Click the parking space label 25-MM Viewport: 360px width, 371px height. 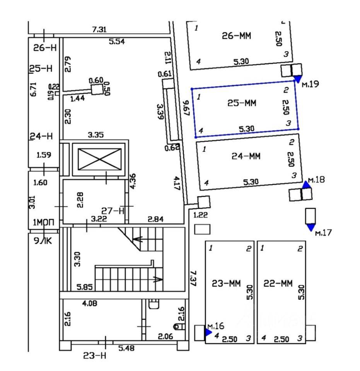coord(242,103)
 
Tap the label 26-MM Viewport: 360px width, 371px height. coord(236,36)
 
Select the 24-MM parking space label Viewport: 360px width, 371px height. coord(246,156)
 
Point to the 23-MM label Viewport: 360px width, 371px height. coord(227,283)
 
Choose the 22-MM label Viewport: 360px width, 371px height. coord(278,283)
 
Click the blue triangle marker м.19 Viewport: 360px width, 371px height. coord(297,79)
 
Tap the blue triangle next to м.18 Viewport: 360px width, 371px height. coord(306,184)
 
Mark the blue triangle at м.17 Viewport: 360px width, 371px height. coord(311,228)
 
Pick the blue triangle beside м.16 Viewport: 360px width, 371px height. coord(208,332)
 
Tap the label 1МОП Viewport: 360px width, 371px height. coord(43,222)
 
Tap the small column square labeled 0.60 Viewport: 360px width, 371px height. coord(97,90)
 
